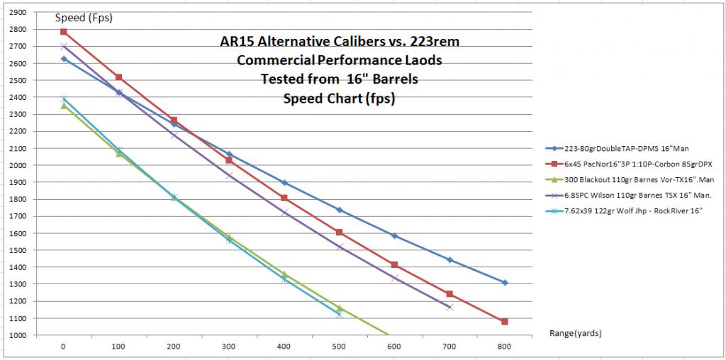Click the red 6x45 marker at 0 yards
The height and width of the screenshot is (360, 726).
tap(63, 32)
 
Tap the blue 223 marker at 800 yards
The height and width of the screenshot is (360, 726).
tap(505, 283)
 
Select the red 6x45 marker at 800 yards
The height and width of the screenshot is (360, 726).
tap(505, 322)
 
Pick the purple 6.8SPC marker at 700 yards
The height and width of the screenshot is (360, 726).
tap(449, 307)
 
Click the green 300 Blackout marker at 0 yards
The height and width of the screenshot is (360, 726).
tap(63, 106)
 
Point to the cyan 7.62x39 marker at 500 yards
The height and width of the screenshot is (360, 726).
tap(339, 314)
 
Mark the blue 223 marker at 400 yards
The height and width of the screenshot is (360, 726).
tap(284, 183)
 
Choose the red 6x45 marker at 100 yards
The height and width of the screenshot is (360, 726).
tap(118, 77)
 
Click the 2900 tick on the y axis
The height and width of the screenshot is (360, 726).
tap(18, 13)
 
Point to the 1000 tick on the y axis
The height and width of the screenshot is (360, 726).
tap(18, 336)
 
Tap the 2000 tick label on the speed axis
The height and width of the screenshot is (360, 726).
tap(18, 166)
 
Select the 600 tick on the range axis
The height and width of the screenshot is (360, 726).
tap(394, 347)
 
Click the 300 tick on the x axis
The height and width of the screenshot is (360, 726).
tap(228, 347)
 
